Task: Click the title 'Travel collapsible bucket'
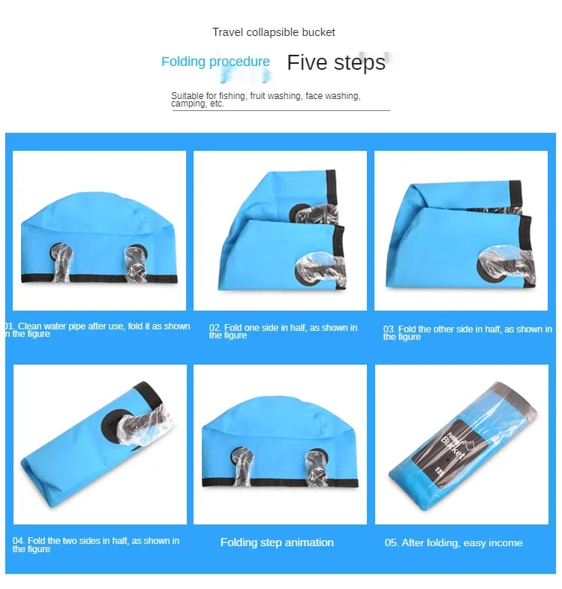click(x=273, y=32)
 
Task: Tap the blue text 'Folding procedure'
click(x=215, y=62)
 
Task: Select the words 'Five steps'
click(x=335, y=62)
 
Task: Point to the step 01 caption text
click(x=98, y=330)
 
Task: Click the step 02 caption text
click(x=283, y=332)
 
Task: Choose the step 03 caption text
click(x=467, y=332)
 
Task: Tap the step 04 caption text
click(x=96, y=545)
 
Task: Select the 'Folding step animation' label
click(x=277, y=542)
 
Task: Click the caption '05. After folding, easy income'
click(x=453, y=542)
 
